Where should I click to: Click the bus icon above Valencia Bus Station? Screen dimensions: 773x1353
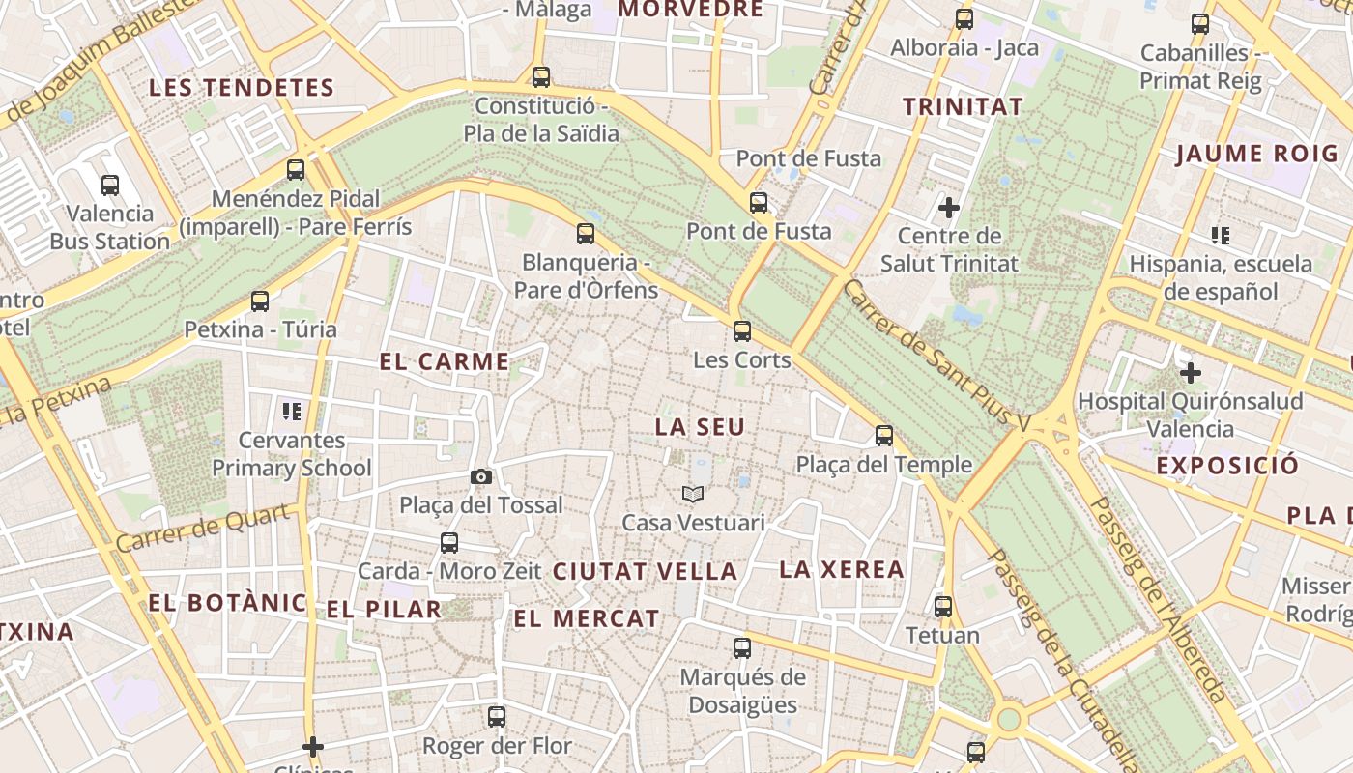pyautogui.click(x=110, y=185)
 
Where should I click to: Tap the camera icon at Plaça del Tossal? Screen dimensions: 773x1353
pyautogui.click(x=480, y=476)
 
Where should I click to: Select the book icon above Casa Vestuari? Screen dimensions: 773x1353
pyautogui.click(x=692, y=494)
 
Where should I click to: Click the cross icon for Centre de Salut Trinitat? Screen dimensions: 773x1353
pyautogui.click(x=949, y=207)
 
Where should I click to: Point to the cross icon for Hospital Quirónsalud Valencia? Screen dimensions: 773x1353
pyautogui.click(x=1191, y=372)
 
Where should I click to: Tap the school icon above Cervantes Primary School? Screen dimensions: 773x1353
pyautogui.click(x=292, y=412)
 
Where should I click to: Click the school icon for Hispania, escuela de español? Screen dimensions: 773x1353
pyautogui.click(x=1221, y=235)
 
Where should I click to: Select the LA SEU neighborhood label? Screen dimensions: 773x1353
pyautogui.click(x=701, y=426)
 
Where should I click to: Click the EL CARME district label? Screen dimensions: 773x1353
pyautogui.click(x=445, y=362)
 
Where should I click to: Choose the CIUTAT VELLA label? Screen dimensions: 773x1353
pyautogui.click(x=645, y=571)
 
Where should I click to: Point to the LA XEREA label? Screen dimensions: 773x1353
pyautogui.click(x=842, y=569)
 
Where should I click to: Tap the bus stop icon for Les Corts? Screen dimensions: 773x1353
pyautogui.click(x=742, y=331)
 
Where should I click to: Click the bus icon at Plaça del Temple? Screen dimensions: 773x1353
pyautogui.click(x=884, y=436)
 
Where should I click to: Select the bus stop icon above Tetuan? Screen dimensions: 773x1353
pyautogui.click(x=943, y=607)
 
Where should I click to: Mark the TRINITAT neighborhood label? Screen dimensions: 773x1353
pyautogui.click(x=963, y=107)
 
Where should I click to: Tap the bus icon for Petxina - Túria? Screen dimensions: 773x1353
pyautogui.click(x=260, y=301)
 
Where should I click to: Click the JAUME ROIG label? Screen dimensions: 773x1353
pyautogui.click(x=1257, y=154)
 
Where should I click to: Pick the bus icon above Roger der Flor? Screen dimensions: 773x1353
pyautogui.click(x=497, y=717)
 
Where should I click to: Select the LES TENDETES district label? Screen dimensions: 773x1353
pyautogui.click(x=242, y=88)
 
